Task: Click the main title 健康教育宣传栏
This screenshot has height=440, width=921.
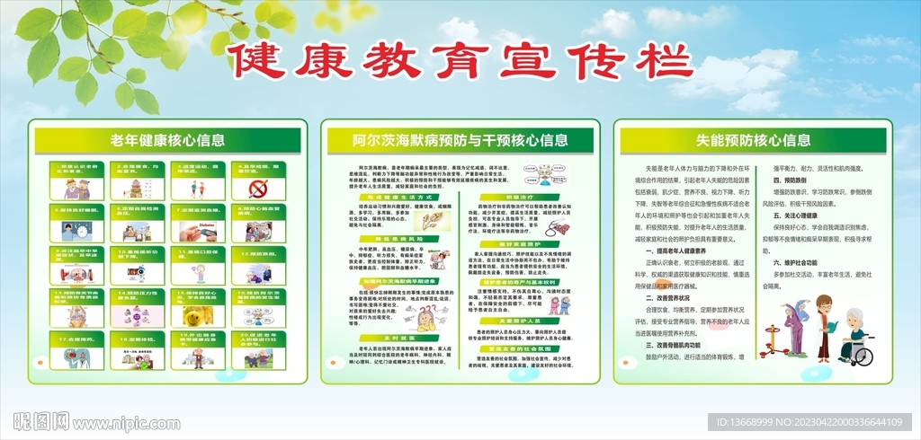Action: coord(460,64)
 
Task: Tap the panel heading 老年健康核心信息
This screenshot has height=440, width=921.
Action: coord(167,140)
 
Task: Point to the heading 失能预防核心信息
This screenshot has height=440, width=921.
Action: coord(753,140)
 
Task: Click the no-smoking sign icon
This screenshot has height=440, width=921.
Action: coord(258,189)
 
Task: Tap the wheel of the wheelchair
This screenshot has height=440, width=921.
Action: coord(863,356)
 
